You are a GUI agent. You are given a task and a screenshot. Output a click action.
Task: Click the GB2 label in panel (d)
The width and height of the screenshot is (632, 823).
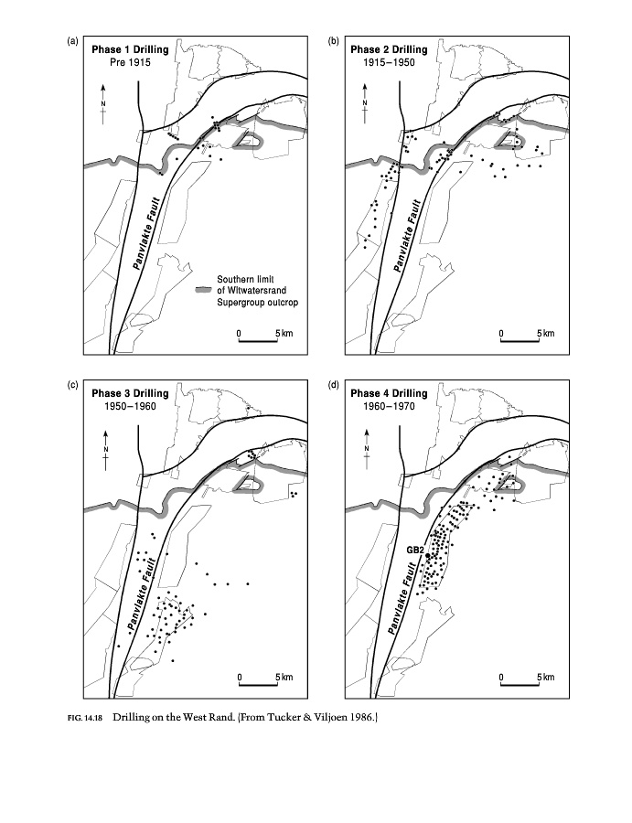tap(415, 550)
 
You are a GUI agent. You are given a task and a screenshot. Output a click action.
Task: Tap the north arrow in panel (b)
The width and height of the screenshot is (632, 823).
tap(365, 102)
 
